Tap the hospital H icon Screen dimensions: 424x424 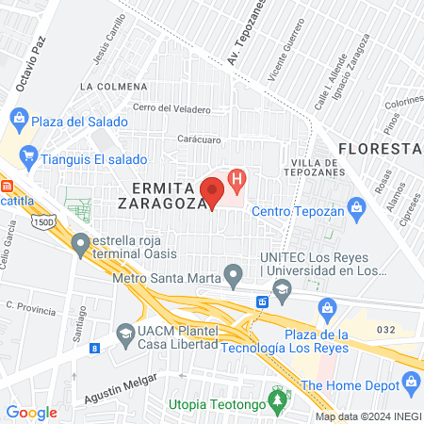238,176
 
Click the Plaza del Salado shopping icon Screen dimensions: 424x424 18,120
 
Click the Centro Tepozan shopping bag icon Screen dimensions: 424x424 355,206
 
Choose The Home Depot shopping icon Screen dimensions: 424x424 411,383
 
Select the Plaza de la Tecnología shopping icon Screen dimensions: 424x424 327,306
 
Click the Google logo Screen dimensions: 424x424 31,412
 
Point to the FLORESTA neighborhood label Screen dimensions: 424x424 378,148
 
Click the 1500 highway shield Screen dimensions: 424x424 42,221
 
